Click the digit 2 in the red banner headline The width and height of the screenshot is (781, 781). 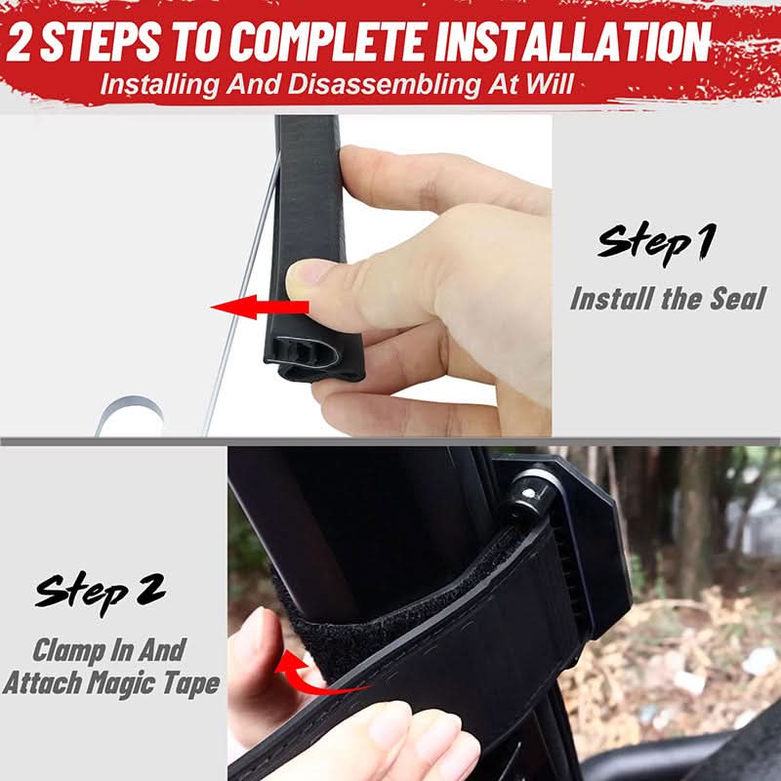click(19, 42)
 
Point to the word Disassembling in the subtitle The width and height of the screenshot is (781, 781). click(384, 84)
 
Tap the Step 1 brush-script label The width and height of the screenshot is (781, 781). click(657, 244)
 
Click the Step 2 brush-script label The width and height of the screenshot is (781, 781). click(101, 593)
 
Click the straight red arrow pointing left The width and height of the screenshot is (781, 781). click(260, 307)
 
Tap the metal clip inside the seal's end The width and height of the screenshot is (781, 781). click(307, 353)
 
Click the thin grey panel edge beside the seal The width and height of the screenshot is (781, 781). click(242, 294)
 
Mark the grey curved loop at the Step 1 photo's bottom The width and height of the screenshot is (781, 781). click(130, 404)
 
